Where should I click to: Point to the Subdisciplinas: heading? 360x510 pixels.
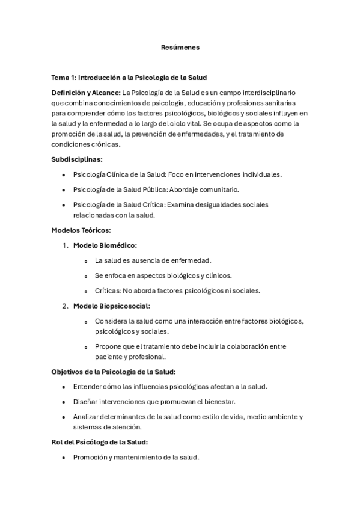coord(76,159)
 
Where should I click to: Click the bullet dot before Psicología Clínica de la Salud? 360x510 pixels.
coord(64,174)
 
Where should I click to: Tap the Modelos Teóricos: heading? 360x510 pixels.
coord(81,230)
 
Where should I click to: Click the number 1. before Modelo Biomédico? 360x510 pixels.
coord(66,245)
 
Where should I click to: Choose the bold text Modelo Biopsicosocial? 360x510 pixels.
coord(111,306)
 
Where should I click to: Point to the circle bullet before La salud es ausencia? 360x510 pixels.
coord(87,261)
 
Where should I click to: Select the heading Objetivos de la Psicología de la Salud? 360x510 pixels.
coord(114,372)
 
